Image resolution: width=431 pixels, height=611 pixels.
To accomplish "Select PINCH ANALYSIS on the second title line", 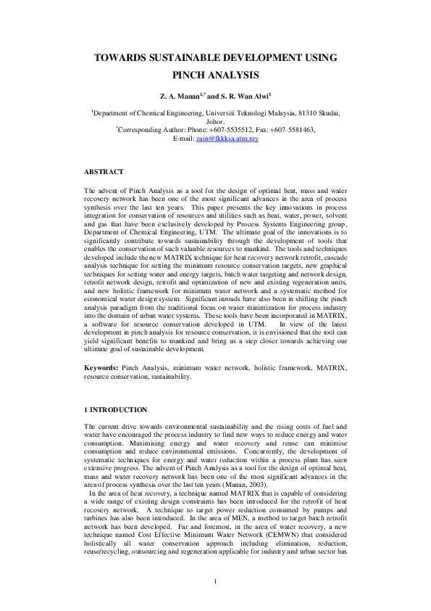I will click(215, 75).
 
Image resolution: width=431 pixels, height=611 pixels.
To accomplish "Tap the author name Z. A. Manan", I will click(180, 95).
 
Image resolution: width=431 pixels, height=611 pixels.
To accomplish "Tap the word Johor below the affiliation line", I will click(215, 122).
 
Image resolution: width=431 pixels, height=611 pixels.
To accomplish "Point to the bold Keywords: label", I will click(101, 369).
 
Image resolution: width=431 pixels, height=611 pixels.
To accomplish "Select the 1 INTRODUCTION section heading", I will click(115, 410).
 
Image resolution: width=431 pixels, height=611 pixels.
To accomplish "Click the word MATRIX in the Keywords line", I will click(327, 369).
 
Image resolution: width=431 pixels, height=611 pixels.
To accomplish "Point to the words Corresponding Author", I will click(149, 130).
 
